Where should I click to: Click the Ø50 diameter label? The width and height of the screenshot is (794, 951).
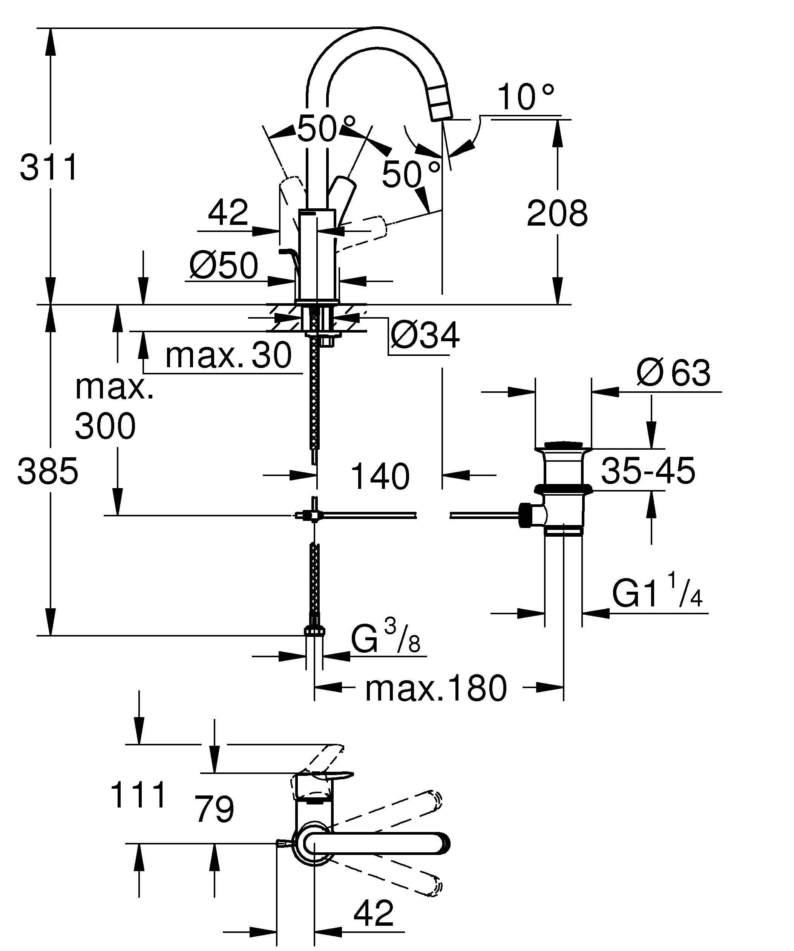pyautogui.click(x=224, y=266)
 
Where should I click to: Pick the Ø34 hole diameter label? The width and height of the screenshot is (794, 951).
pyautogui.click(x=425, y=336)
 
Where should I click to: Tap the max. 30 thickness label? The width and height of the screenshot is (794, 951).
pyautogui.click(x=228, y=356)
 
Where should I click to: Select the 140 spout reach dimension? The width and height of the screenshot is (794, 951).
pyautogui.click(x=380, y=476)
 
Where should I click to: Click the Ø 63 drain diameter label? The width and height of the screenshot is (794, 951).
pyautogui.click(x=673, y=373)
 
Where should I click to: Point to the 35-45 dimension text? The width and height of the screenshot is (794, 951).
pyautogui.click(x=648, y=471)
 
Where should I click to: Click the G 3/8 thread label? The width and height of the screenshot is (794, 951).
pyautogui.click(x=386, y=638)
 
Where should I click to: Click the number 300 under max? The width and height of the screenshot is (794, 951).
pyautogui.click(x=105, y=426)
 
